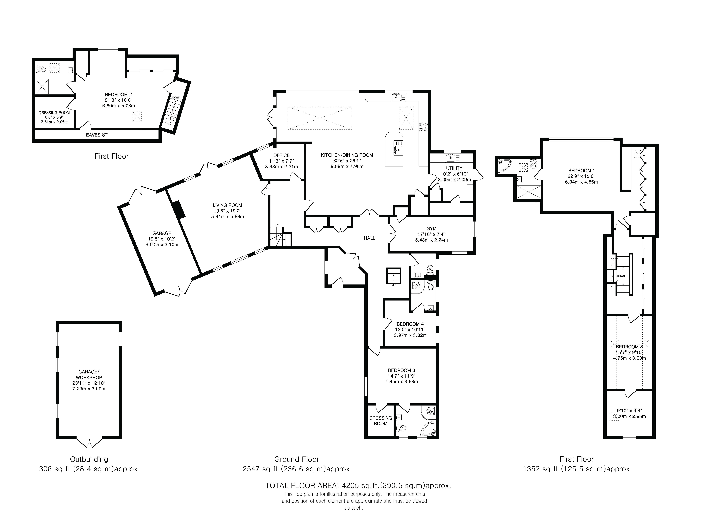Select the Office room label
(281, 155)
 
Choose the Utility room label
(454, 168)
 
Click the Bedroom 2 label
(118, 94)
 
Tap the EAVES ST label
(97, 135)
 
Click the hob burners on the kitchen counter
(423, 127)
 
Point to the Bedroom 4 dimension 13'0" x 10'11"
(410, 329)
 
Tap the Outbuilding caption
(89, 459)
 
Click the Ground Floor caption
(297, 459)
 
